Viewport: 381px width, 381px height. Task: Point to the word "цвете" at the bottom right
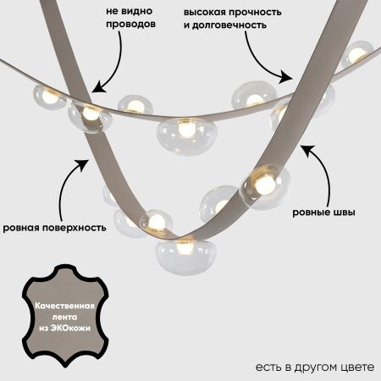tap(355, 366)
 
